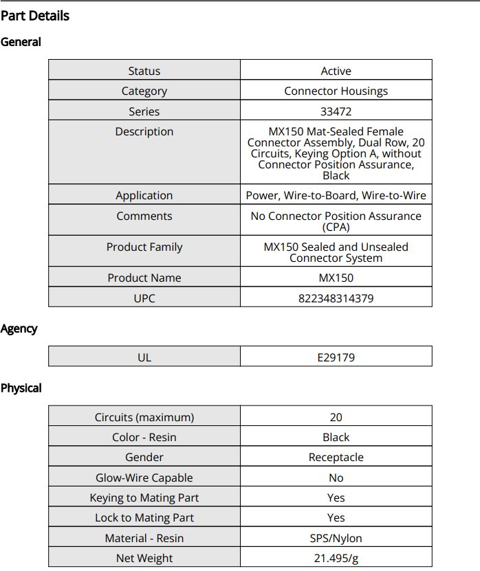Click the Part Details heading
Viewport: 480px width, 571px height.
pyautogui.click(x=35, y=15)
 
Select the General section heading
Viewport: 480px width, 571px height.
pyautogui.click(x=21, y=42)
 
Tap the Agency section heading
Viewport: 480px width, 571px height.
pyautogui.click(x=19, y=328)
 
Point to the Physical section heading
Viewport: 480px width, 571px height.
pyautogui.click(x=21, y=388)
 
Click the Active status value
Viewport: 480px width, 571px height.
pyautogui.click(x=336, y=71)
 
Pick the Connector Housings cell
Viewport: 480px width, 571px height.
pyautogui.click(x=336, y=91)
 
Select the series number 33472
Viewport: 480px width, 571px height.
pyautogui.click(x=336, y=111)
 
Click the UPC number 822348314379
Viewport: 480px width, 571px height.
pyautogui.click(x=336, y=298)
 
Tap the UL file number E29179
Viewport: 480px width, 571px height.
pyautogui.click(x=336, y=357)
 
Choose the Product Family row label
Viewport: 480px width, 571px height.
pyautogui.click(x=144, y=247)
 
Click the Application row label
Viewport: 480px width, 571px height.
pyautogui.click(x=144, y=195)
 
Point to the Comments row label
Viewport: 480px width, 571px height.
pyautogui.click(x=144, y=216)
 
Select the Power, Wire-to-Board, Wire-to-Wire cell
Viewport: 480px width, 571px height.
pyautogui.click(x=336, y=195)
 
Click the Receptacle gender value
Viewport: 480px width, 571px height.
pyautogui.click(x=336, y=457)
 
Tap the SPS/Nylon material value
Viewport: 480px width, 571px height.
pyautogui.click(x=336, y=538)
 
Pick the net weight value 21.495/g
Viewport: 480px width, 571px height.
pyautogui.click(x=336, y=558)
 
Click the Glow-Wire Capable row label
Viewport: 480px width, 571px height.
pyautogui.click(x=144, y=478)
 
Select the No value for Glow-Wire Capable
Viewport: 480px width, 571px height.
pyautogui.click(x=336, y=478)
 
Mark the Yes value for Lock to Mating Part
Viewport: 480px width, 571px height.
pyautogui.click(x=336, y=517)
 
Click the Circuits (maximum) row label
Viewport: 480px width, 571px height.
pyautogui.click(x=144, y=417)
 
